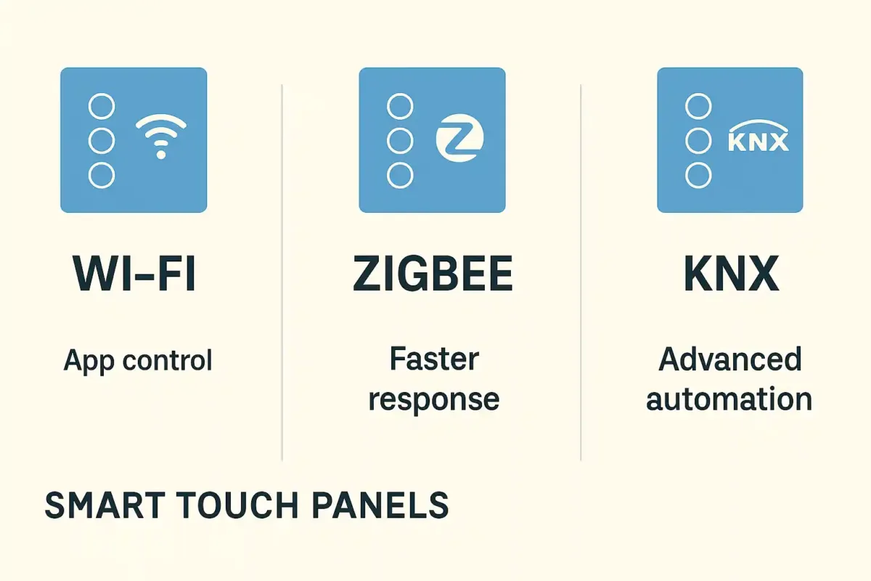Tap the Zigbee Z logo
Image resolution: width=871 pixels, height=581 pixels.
coord(459,138)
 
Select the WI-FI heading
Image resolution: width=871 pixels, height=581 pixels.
coord(134,273)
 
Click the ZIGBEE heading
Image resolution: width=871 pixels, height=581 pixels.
coord(433,273)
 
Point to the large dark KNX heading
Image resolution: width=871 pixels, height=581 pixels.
coord(731,273)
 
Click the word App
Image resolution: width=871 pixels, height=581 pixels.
coord(89,362)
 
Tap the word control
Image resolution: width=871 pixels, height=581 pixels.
coord(168,360)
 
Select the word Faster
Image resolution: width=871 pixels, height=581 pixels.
coord(434,359)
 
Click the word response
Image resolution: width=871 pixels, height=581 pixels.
coord(434,400)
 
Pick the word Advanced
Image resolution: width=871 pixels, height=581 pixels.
coord(730,359)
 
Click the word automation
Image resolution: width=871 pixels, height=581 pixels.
coord(729,399)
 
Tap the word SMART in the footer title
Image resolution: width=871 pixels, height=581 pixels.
coord(105,505)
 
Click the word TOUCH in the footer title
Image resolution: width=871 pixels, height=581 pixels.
coord(239,505)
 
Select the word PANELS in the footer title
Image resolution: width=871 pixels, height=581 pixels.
coord(380,505)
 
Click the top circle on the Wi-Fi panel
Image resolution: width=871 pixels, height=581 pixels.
coord(102,106)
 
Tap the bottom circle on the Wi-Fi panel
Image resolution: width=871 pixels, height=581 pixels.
coord(102,176)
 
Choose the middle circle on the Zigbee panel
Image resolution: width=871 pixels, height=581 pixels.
coord(400,140)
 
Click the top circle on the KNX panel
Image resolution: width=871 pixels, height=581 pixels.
coord(698,106)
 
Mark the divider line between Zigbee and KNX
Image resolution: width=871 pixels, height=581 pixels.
coord(581,272)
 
